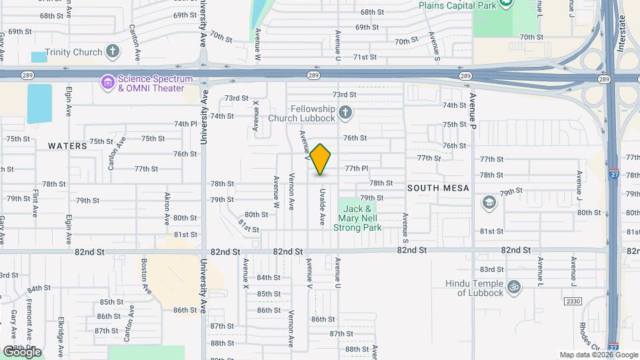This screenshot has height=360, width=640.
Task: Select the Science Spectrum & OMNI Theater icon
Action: click(107, 83)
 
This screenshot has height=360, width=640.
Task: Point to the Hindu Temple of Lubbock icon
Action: click(513, 287)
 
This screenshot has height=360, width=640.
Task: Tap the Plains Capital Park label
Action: click(459, 5)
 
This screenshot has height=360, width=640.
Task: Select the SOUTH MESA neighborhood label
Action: click(438, 188)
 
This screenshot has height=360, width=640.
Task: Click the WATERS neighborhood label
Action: click(67, 145)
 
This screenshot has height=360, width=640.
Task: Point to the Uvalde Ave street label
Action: click(322, 209)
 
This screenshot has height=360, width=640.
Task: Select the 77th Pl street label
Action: click(357, 169)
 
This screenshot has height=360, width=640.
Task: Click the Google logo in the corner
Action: click(22, 351)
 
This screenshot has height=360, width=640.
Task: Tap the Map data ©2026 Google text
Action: click(598, 355)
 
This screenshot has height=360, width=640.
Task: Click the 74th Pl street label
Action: click(186, 124)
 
